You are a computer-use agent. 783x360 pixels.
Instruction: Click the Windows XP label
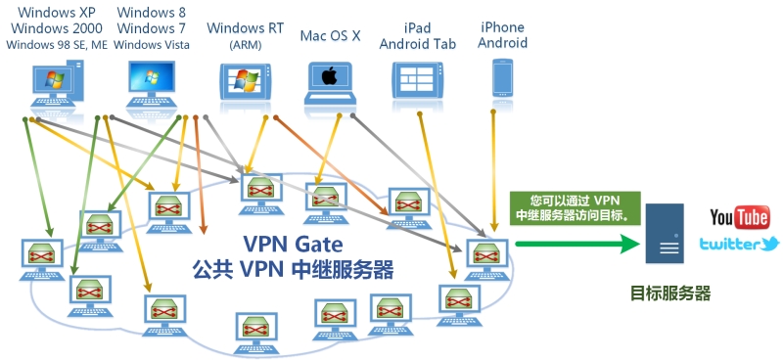[58, 12]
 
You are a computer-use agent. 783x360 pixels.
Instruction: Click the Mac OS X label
[330, 36]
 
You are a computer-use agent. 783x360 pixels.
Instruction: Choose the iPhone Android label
[503, 34]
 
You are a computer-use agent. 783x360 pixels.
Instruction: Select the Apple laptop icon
[330, 83]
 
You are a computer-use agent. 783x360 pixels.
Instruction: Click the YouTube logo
[739, 217]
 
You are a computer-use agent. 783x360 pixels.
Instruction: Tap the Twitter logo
[739, 244]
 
